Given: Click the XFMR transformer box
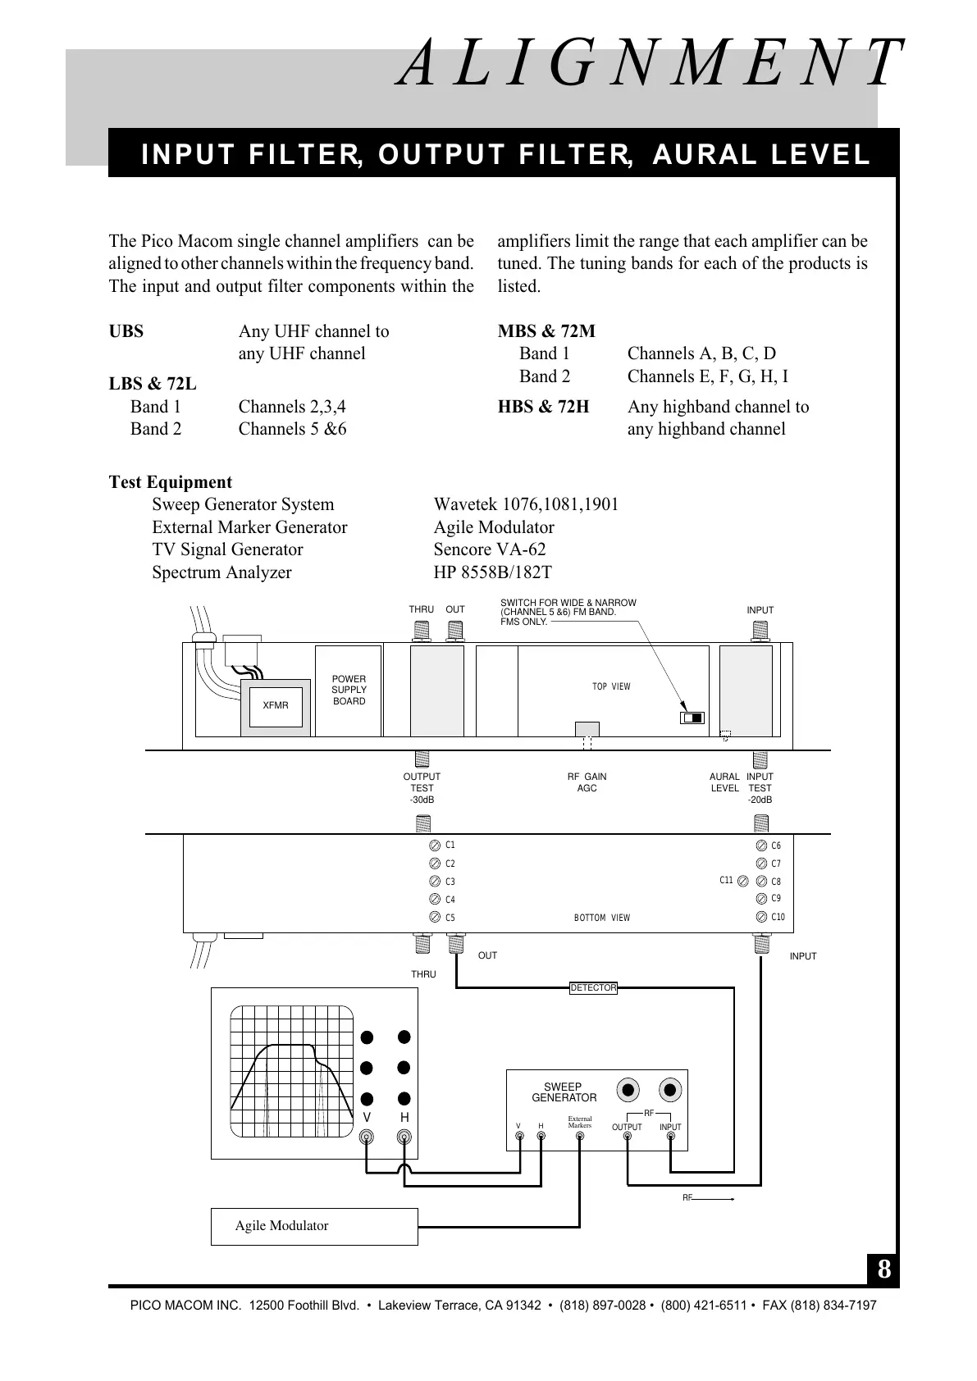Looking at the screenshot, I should pyautogui.click(x=276, y=705).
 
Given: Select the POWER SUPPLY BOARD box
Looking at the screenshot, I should pyautogui.click(x=349, y=690).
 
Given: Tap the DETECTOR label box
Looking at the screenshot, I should pyautogui.click(x=593, y=988).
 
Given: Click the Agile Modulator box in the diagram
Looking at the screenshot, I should pyautogui.click(x=314, y=1226).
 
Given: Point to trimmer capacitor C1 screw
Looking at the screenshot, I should pyautogui.click(x=435, y=845).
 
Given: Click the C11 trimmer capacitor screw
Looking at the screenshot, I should pyautogui.click(x=743, y=882).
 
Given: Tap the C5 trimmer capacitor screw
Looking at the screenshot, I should pyautogui.click(x=435, y=918).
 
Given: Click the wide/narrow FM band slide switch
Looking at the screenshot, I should pyautogui.click(x=692, y=718).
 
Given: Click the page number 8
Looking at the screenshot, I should pyautogui.click(x=883, y=1270).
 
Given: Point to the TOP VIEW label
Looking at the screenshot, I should pyautogui.click(x=611, y=686).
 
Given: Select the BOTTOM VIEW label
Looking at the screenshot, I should pyautogui.click(x=602, y=918).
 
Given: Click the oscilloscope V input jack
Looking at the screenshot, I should pyautogui.click(x=367, y=1137).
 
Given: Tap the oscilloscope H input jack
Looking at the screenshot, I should pyautogui.click(x=404, y=1137).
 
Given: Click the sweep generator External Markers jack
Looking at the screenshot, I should pyautogui.click(x=580, y=1137).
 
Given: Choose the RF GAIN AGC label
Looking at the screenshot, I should pyautogui.click(x=587, y=782).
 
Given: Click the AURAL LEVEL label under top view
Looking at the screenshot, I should pyautogui.click(x=724, y=782).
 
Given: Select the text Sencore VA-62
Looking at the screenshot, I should pyautogui.click(x=490, y=549).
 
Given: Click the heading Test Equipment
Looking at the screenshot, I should pyautogui.click(x=171, y=482).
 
